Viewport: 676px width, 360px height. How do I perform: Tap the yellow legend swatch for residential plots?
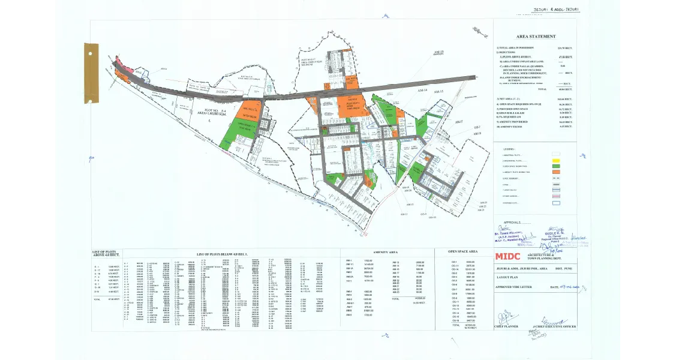point(555,161)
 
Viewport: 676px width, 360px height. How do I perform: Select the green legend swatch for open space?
point(555,166)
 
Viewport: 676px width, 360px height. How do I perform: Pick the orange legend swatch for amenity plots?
point(555,172)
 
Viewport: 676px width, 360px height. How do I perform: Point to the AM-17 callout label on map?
point(459,122)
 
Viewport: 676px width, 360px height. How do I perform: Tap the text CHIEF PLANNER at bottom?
point(506,326)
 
